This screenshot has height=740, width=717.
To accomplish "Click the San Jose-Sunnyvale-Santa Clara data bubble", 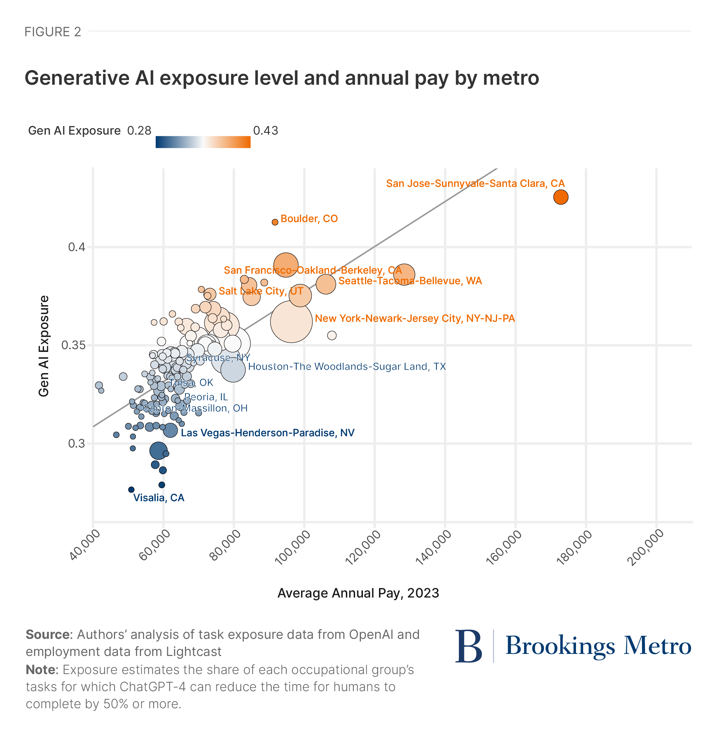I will pos(561,197).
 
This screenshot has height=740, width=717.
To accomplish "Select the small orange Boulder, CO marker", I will pos(275,222).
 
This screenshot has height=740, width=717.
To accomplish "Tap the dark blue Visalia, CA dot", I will pos(131,490).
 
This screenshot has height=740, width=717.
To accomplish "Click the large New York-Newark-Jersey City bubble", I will pos(291,321).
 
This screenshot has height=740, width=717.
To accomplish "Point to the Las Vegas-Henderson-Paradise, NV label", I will pos(268,433).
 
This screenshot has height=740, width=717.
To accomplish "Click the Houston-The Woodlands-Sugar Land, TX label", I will pos(347,367).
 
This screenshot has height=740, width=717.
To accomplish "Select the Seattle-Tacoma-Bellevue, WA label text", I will pos(410,281).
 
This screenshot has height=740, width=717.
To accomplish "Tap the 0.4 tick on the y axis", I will pos(76,248).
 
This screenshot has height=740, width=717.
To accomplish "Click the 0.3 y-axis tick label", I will pos(76,443).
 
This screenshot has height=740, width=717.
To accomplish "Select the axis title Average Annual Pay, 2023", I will pos(358,593).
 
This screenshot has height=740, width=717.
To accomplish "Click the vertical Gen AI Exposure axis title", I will pos(44,346).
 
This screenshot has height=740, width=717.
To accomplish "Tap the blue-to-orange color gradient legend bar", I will pos(203,142).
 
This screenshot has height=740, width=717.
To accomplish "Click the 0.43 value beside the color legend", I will pos(266,131).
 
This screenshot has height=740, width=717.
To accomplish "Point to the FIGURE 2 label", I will pos(53,32).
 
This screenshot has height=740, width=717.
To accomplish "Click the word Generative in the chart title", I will pos(77,78).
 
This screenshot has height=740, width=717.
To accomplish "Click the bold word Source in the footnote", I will pos(47,635).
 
